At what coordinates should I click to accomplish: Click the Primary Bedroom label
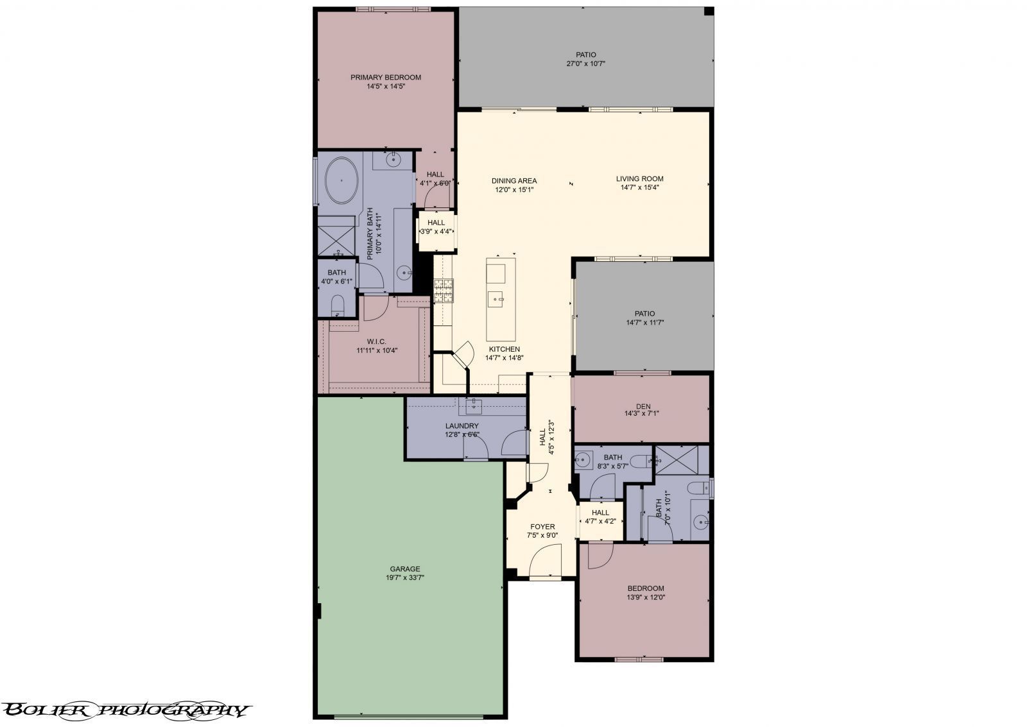386,78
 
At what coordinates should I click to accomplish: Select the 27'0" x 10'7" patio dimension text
585,64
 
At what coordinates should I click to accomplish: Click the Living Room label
639,179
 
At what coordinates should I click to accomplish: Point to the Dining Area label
514,181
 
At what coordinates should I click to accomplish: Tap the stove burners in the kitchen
443,291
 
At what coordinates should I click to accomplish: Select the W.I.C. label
376,341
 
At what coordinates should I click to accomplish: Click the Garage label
405,569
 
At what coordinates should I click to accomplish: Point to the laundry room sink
474,406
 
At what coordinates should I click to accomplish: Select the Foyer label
542,527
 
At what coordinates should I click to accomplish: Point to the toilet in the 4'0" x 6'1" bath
338,305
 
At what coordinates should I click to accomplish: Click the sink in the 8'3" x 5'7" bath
583,459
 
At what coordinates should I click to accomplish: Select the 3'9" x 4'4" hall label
436,227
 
